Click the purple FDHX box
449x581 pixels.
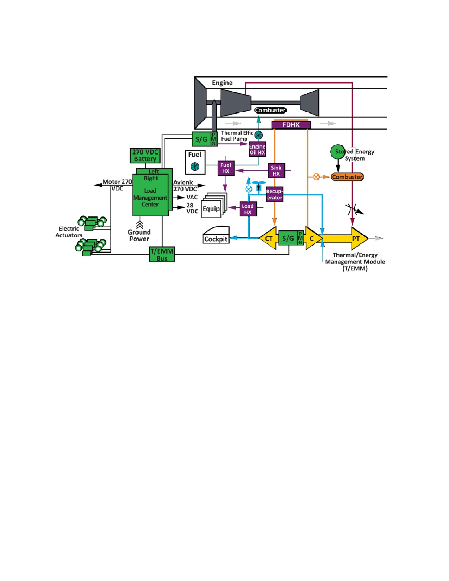click(x=291, y=125)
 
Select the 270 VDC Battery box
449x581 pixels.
click(x=145, y=155)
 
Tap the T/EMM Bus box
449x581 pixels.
click(x=162, y=254)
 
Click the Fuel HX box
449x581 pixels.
click(x=226, y=168)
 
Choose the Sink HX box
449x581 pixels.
click(x=276, y=170)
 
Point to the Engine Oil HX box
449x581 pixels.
click(x=257, y=149)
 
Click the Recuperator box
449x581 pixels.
click(x=274, y=194)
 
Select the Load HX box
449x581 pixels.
click(x=248, y=209)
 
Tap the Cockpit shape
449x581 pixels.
click(x=216, y=235)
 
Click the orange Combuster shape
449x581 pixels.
click(x=347, y=177)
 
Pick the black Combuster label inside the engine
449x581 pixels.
click(x=270, y=110)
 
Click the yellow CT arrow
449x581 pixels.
click(x=268, y=238)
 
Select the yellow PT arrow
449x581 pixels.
click(x=345, y=238)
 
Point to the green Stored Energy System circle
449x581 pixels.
click(x=337, y=152)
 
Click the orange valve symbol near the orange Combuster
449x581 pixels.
click(x=316, y=177)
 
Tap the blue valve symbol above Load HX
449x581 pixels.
click(x=249, y=189)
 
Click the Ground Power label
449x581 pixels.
click(x=139, y=235)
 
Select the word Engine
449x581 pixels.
click(x=222, y=83)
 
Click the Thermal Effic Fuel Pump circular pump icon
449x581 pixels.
click(x=258, y=135)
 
